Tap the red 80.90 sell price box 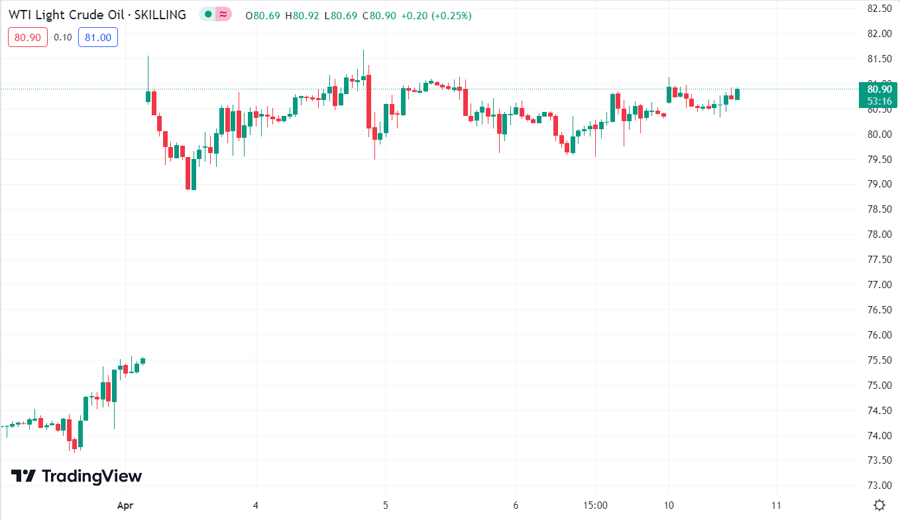28,37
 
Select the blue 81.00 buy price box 98,37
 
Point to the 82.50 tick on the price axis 879,9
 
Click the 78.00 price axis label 879,234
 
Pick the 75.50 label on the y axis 879,360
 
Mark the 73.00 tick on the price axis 879,486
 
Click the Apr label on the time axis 125,505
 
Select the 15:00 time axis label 595,505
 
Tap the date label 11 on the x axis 777,505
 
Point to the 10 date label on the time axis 669,505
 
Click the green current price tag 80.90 879,89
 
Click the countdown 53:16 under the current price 879,101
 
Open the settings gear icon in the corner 879,505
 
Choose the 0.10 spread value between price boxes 63,37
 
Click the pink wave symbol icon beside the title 224,14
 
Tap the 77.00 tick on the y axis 879,285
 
